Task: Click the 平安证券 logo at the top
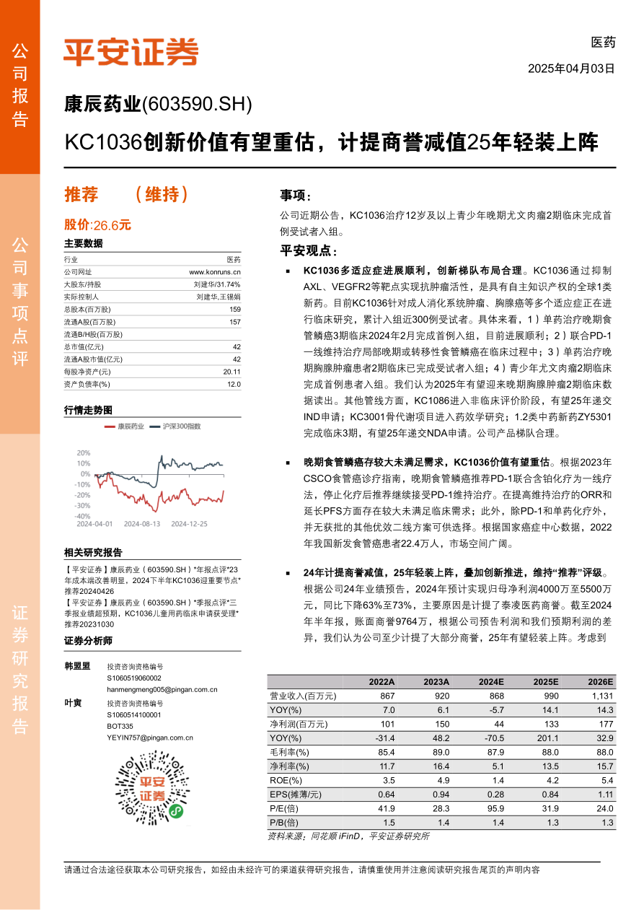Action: pyautogui.click(x=131, y=51)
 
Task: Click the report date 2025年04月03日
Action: pyautogui.click(x=571, y=69)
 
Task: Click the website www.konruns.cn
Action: pyautogui.click(x=215, y=271)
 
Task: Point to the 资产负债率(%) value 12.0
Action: pyautogui.click(x=234, y=384)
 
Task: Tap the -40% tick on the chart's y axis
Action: pyautogui.click(x=83, y=516)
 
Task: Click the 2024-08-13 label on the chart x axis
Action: pyautogui.click(x=141, y=524)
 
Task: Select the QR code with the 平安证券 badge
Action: pyautogui.click(x=151, y=788)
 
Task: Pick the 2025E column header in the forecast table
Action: pyautogui.click(x=545, y=681)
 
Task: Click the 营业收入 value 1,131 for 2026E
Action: pyautogui.click(x=601, y=696)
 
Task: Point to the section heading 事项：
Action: pyautogui.click(x=296, y=196)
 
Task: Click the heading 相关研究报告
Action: pyautogui.click(x=93, y=553)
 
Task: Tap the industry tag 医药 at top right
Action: pyautogui.click(x=603, y=43)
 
